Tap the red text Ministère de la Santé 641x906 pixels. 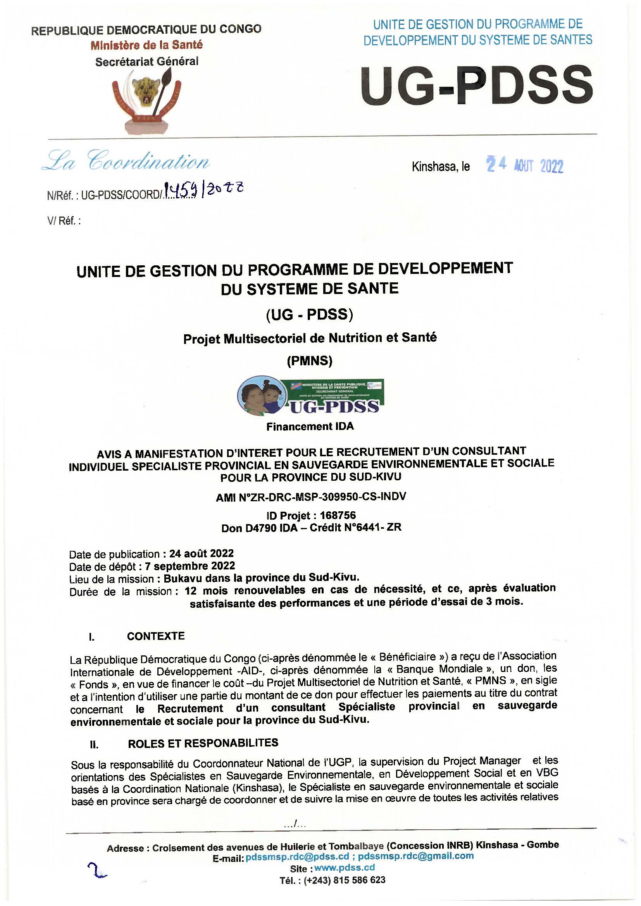146,45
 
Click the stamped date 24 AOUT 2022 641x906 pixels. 525,167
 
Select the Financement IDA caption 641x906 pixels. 310,426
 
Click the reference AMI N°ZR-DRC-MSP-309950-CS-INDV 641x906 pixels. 311,497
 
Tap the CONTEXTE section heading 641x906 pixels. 156,636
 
